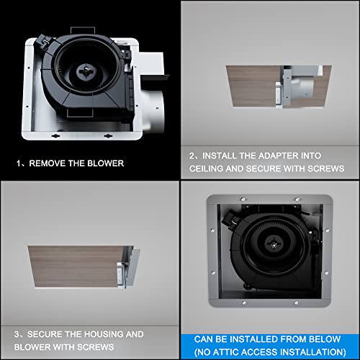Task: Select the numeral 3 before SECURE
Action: click(17, 334)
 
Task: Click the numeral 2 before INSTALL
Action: click(192, 156)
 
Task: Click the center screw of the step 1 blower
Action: click(86, 70)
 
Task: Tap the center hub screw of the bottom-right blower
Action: click(273, 245)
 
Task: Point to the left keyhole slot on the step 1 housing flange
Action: click(56, 136)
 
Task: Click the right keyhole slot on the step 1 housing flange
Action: click(108, 136)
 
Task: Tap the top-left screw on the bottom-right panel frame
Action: click(243, 199)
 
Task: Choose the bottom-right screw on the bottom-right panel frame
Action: click(296, 303)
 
